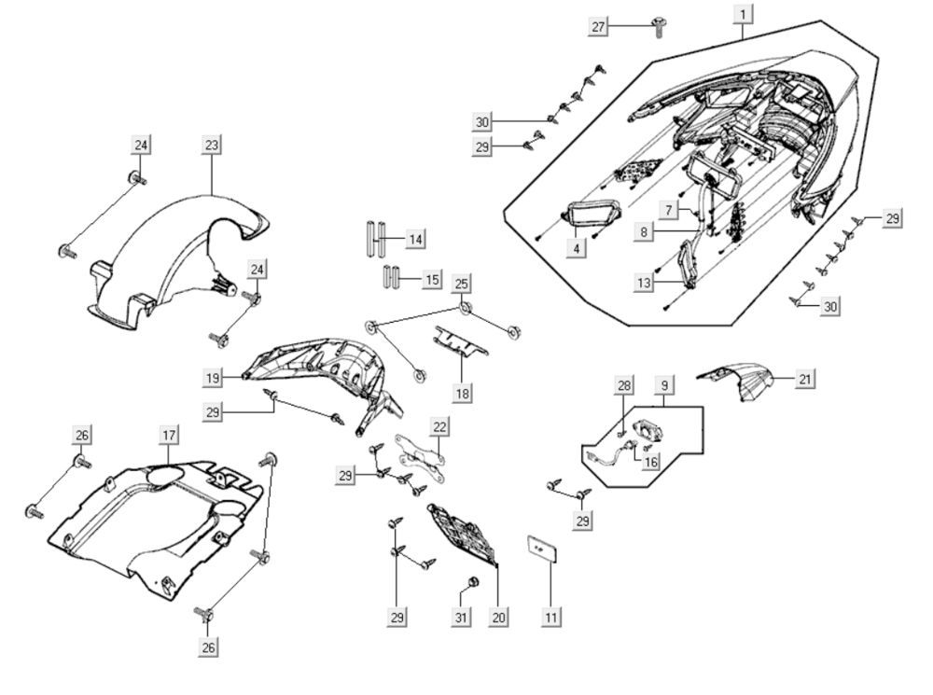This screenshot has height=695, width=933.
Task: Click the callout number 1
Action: pyautogui.click(x=743, y=14)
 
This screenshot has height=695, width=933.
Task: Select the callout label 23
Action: pyautogui.click(x=211, y=145)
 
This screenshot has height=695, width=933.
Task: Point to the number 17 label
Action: pyautogui.click(x=168, y=435)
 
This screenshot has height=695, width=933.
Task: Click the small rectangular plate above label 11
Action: pyautogui.click(x=543, y=549)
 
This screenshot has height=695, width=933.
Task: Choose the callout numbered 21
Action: pyautogui.click(x=805, y=379)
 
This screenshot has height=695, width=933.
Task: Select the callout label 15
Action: pyautogui.click(x=432, y=279)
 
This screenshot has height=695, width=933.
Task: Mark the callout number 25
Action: pyautogui.click(x=461, y=283)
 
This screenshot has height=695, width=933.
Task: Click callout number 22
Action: pyautogui.click(x=439, y=426)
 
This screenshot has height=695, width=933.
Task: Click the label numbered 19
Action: pyautogui.click(x=214, y=377)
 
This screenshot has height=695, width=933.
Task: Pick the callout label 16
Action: pyautogui.click(x=650, y=461)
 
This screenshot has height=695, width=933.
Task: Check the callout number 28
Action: pyautogui.click(x=624, y=385)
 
